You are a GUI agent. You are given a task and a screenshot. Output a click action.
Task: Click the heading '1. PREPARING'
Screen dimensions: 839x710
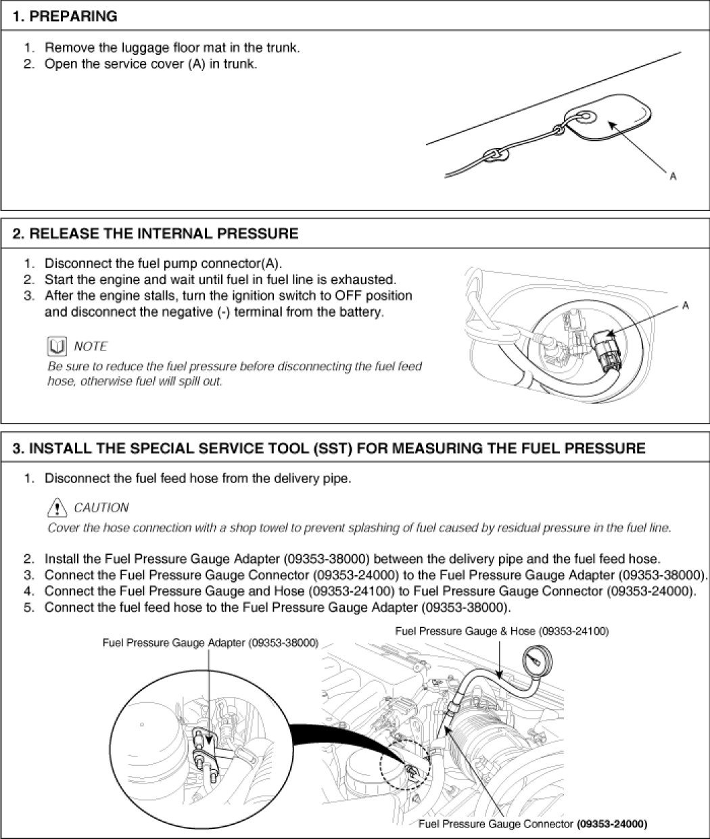pos(65,16)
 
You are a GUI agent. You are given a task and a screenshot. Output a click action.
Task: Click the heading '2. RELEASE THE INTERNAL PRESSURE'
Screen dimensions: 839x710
pos(156,234)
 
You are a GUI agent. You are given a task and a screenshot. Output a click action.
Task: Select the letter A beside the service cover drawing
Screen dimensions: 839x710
pos(673,176)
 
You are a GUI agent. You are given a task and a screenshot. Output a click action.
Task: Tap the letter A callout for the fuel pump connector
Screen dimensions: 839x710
pos(686,306)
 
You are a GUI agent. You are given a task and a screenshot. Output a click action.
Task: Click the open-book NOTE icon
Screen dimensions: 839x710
pos(57,347)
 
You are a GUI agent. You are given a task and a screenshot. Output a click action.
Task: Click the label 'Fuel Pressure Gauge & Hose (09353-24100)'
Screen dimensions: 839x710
pos(501,631)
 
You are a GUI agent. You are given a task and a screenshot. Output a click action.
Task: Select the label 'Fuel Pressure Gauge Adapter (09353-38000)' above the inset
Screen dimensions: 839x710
pos(210,642)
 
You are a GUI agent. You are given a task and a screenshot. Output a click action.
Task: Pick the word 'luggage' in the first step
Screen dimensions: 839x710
pos(144,48)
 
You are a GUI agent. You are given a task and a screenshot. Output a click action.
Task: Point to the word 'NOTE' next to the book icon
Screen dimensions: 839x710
pos(91,346)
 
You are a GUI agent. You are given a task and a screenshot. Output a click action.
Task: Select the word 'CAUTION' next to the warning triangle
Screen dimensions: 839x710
pos(101,507)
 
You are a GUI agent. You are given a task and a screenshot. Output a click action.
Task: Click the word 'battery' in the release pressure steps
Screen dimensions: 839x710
pos(360,312)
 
